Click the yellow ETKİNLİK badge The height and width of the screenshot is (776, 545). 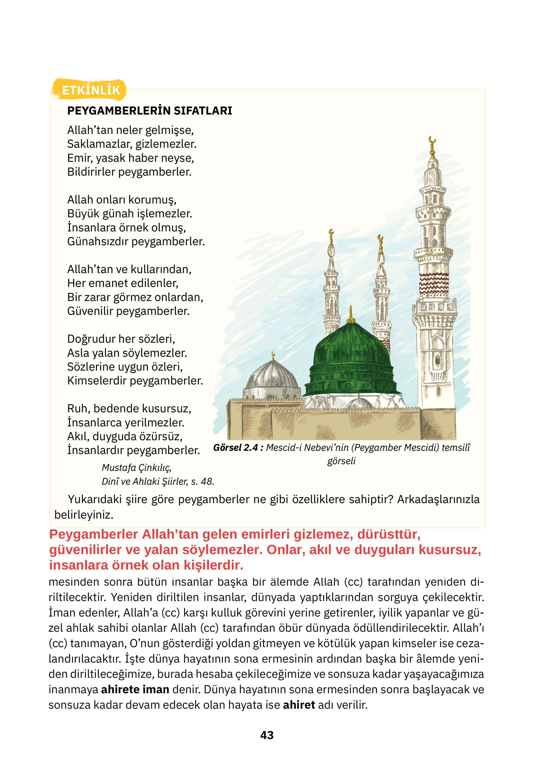[x=91, y=90]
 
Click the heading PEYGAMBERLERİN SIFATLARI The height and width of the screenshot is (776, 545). [x=149, y=111]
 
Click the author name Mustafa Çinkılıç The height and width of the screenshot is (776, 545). [x=136, y=467]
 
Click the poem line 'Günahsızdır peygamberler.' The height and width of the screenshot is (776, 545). [x=136, y=241]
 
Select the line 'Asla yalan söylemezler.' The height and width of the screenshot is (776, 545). [x=127, y=353]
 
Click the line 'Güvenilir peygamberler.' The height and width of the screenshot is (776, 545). [x=128, y=311]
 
